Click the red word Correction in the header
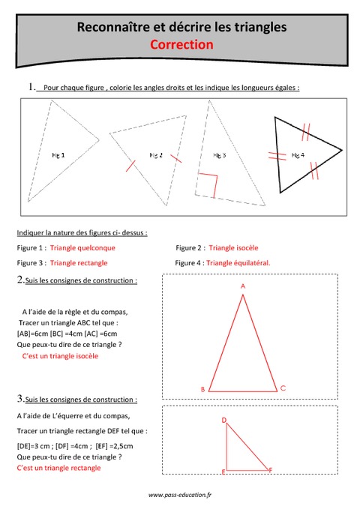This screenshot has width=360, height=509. (x=181, y=45)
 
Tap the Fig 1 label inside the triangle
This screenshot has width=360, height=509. (x=58, y=155)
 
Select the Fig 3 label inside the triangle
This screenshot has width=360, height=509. (x=219, y=155)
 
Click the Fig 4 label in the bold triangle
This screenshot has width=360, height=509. (x=298, y=155)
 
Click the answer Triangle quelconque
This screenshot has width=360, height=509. (x=82, y=247)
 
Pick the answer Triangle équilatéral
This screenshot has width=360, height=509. (x=238, y=263)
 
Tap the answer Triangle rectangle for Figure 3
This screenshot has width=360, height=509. (x=79, y=263)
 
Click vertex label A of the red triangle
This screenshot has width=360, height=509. (x=243, y=286)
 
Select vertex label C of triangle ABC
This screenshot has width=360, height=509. (x=283, y=388)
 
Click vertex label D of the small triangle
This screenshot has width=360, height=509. (x=224, y=421)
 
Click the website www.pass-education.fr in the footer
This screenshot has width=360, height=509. (x=180, y=495)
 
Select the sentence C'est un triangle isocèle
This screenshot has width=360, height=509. (x=60, y=356)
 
